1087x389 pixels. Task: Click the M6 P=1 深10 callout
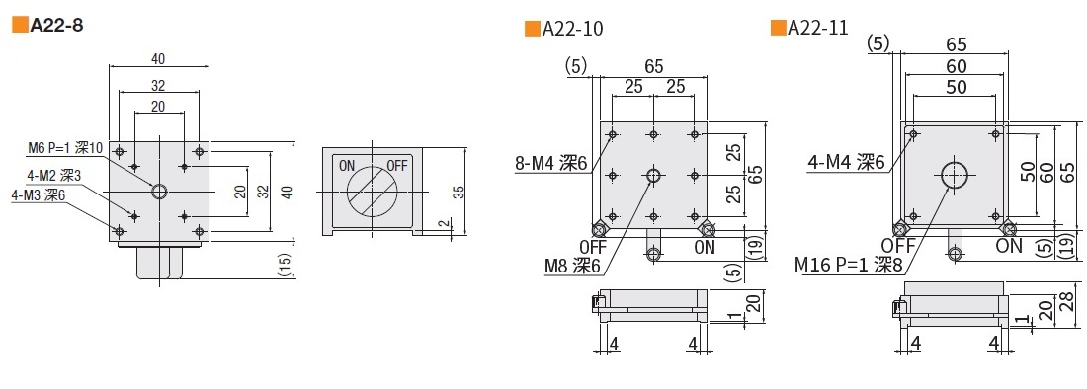[x=65, y=147]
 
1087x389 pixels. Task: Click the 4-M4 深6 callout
[x=847, y=163]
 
